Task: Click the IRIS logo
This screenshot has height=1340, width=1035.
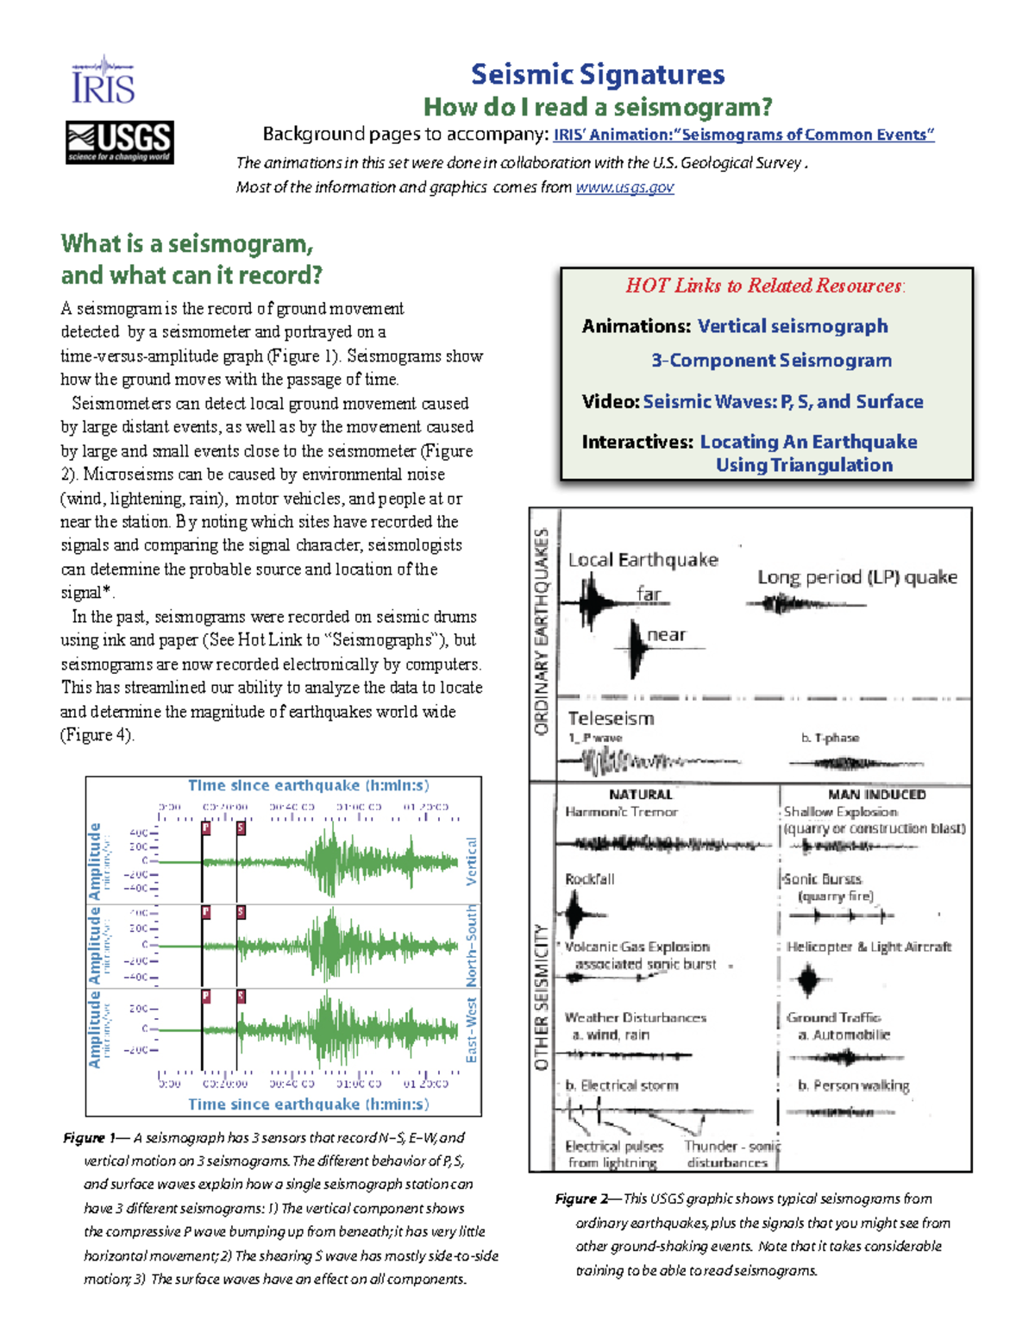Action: tap(103, 81)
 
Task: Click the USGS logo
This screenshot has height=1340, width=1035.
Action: tap(120, 142)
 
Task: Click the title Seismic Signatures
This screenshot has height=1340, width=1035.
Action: tap(598, 74)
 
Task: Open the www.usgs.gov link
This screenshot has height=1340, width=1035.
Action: tap(624, 187)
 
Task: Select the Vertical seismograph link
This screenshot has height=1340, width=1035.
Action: tap(792, 326)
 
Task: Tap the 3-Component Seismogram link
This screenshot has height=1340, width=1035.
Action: tap(771, 361)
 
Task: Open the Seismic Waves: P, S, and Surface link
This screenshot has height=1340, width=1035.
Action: tap(782, 402)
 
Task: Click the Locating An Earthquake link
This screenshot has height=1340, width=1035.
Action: tap(808, 442)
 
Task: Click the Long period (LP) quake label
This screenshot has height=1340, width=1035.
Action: tap(856, 577)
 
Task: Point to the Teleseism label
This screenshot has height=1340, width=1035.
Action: tap(611, 719)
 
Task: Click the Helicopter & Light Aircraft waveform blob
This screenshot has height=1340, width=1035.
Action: tap(808, 980)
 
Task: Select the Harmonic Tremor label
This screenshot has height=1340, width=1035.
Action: tap(621, 812)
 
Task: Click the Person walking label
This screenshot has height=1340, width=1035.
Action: tap(853, 1085)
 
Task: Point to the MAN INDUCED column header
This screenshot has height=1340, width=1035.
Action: tap(876, 795)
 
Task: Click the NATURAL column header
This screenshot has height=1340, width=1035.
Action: tap(640, 795)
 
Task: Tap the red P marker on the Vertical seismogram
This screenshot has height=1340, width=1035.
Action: tap(206, 828)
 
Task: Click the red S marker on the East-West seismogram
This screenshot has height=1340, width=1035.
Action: tap(241, 996)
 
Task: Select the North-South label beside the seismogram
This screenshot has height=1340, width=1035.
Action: tap(471, 946)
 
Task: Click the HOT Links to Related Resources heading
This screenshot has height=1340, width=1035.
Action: tap(765, 286)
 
